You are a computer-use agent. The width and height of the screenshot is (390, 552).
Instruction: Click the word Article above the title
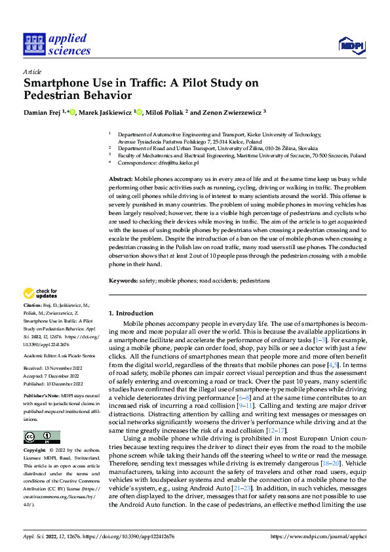pos(32,71)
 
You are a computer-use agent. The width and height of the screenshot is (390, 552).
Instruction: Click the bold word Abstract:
pos(121,179)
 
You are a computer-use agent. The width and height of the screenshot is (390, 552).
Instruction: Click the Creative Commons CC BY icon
pos(41,437)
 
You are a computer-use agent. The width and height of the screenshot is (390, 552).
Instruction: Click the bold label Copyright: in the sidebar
pos(35,451)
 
